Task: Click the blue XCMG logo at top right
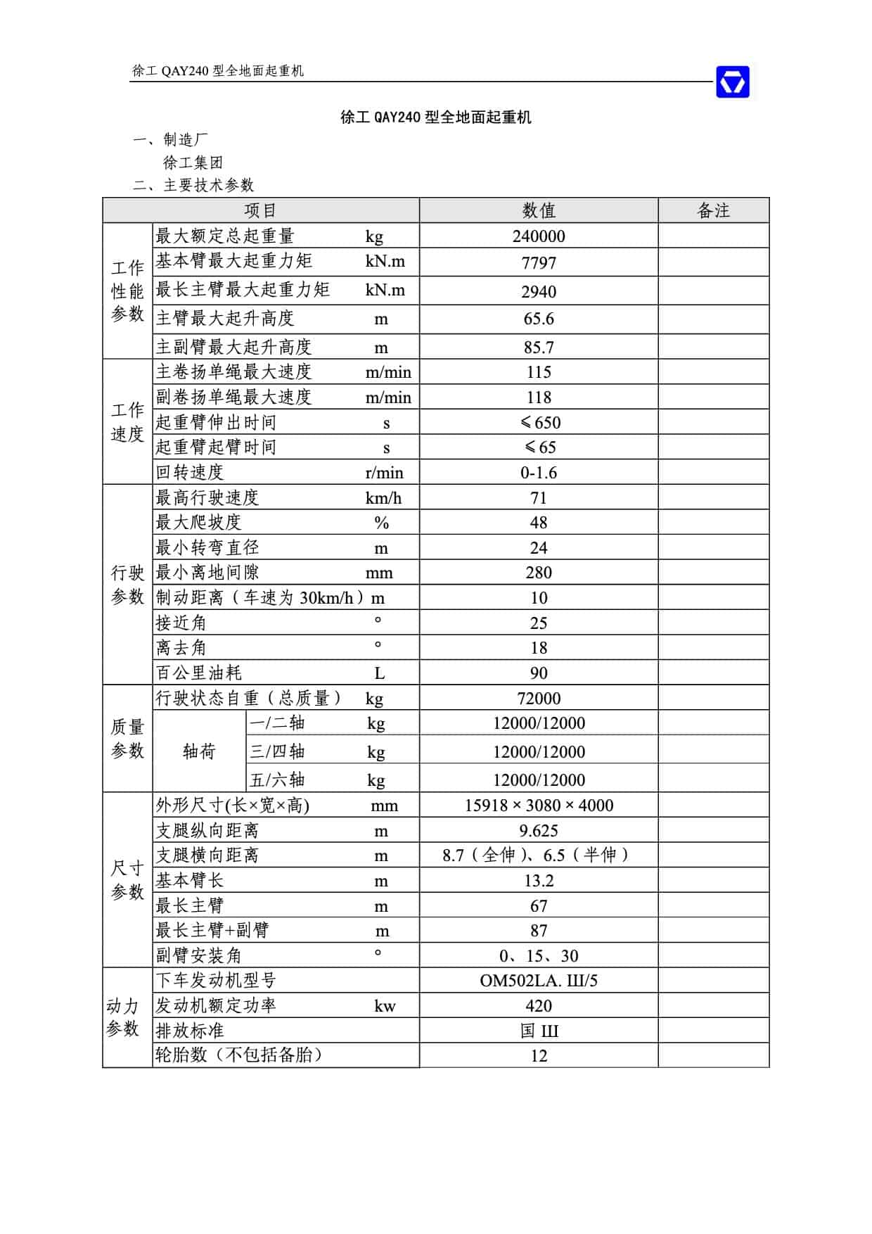click(732, 82)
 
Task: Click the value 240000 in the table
click(539, 236)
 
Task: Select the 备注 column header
click(713, 210)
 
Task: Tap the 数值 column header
click(539, 210)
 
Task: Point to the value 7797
click(539, 263)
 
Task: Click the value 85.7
click(539, 348)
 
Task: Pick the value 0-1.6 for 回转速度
click(539, 473)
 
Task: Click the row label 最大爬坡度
click(198, 523)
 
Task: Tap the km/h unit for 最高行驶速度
click(383, 498)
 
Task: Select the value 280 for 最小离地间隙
click(539, 573)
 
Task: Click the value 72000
click(539, 699)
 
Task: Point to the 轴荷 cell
click(199, 752)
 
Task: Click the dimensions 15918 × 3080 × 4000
click(539, 806)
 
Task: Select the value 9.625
click(539, 831)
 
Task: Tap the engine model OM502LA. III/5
click(539, 981)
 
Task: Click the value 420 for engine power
click(539, 1006)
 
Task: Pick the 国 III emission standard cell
click(539, 1031)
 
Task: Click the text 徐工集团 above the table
click(193, 163)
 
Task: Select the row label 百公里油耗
click(199, 673)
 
